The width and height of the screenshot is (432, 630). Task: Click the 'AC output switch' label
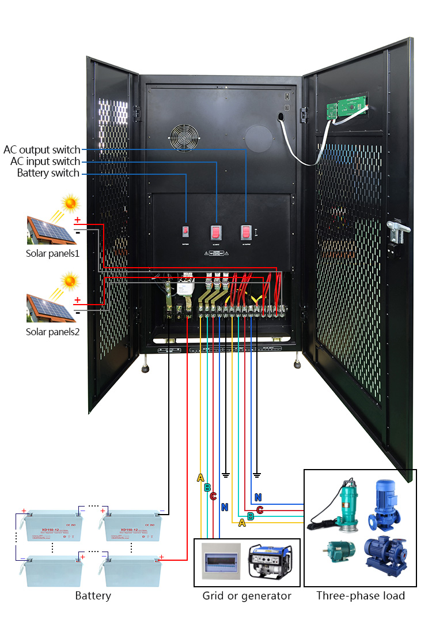pos(42,150)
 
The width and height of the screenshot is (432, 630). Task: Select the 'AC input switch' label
pos(46,162)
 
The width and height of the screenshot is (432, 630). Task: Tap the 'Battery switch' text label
pos(48,173)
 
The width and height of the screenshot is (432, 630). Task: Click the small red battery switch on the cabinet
pos(186,231)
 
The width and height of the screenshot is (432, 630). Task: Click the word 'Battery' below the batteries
pos(93,595)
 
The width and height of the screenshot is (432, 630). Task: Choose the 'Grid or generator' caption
pos(247,595)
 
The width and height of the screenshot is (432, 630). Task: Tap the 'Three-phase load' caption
pos(361,595)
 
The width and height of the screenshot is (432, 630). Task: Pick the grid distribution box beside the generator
pos(220,561)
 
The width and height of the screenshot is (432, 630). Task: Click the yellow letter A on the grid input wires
pos(200,478)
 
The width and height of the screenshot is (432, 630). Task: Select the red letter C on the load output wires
pos(260,510)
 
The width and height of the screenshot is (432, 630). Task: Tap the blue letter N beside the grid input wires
pos(223,508)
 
